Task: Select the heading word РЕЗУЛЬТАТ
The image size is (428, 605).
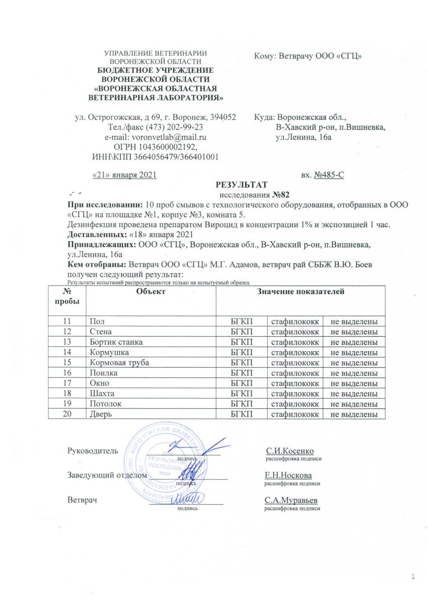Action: (241, 185)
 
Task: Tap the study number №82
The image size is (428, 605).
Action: (280, 195)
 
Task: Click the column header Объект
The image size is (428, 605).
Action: (151, 292)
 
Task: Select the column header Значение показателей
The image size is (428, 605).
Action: (301, 292)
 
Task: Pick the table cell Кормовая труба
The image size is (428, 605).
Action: (119, 363)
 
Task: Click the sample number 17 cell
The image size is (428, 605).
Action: (67, 383)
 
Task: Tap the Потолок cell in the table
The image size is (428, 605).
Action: (105, 404)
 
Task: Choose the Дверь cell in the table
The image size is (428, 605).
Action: (101, 414)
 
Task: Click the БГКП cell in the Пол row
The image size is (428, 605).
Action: (241, 321)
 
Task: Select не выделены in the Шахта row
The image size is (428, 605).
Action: (354, 394)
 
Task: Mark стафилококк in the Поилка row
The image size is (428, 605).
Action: (295, 373)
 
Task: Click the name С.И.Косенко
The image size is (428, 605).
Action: (290, 451)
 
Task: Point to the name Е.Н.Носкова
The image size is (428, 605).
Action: (288, 476)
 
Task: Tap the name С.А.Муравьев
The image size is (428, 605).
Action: (291, 500)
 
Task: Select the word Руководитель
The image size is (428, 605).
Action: (92, 451)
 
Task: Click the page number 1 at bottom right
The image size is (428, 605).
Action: (413, 577)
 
